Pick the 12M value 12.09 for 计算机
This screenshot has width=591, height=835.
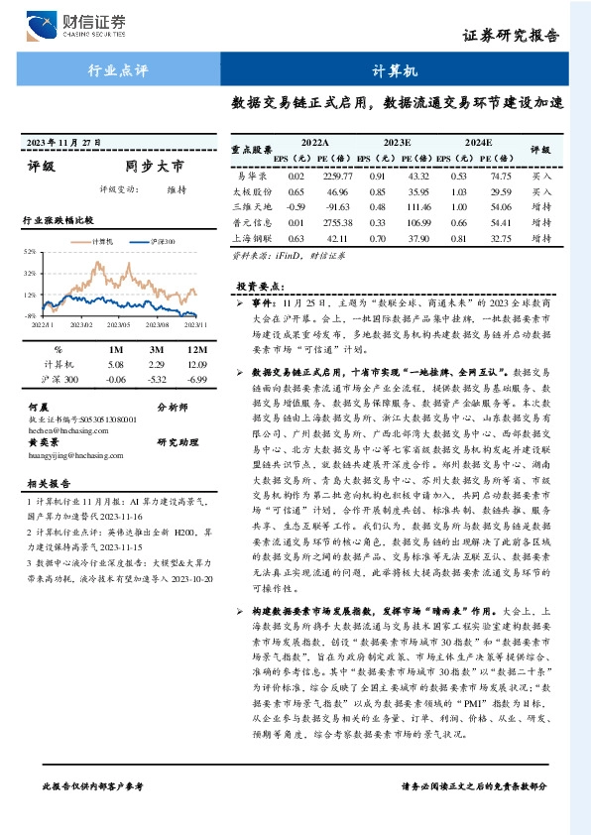click(195, 365)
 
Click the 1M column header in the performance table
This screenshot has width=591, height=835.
click(116, 350)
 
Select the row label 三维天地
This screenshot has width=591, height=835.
click(251, 207)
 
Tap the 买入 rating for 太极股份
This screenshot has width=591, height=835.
click(541, 190)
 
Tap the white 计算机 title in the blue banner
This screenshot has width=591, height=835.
click(396, 72)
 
